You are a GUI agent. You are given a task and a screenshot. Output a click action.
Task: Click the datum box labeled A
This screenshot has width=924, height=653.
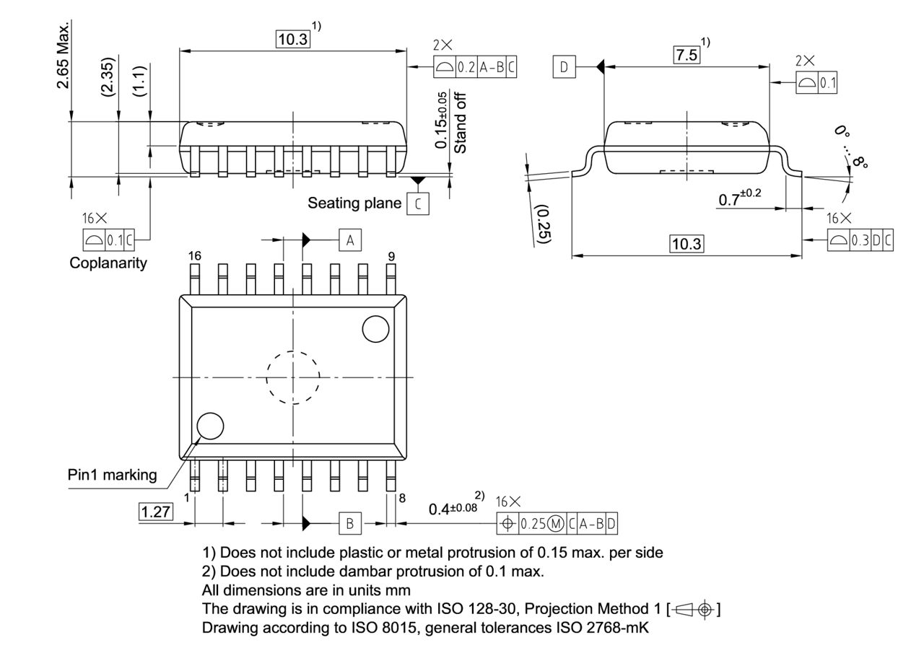click(349, 240)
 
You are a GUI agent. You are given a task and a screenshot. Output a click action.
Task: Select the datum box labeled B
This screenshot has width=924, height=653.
click(349, 523)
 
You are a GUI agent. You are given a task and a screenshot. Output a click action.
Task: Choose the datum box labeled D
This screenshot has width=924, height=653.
click(565, 68)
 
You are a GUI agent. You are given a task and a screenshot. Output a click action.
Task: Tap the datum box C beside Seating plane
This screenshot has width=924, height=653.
click(417, 204)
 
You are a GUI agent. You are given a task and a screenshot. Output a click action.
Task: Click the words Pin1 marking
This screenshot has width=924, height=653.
click(112, 475)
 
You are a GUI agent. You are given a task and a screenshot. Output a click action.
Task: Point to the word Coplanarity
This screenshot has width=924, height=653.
click(108, 263)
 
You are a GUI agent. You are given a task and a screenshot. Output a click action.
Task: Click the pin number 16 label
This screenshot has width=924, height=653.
click(194, 255)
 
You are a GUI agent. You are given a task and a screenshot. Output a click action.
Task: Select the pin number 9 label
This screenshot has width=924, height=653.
click(391, 255)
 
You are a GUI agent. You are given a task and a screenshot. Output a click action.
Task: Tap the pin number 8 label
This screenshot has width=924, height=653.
click(401, 497)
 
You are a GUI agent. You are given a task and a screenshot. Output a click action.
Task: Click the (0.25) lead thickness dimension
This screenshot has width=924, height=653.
click(543, 224)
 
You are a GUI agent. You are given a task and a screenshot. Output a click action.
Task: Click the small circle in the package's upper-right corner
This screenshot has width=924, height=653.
click(375, 329)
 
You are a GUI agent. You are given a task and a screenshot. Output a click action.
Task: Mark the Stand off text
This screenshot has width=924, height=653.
click(461, 123)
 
